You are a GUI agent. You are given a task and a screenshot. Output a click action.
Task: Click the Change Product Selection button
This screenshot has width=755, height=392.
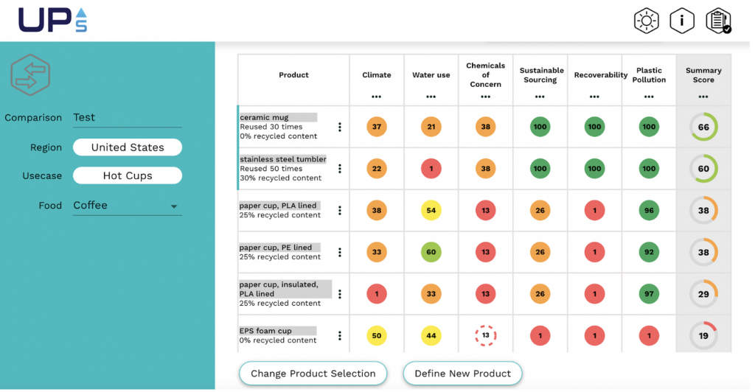313,374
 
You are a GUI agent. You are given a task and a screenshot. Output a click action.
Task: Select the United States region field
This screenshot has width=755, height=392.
128,147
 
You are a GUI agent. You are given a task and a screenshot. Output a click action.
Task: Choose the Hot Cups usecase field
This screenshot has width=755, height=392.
128,176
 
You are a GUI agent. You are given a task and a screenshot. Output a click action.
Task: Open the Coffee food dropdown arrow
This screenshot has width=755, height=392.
174,207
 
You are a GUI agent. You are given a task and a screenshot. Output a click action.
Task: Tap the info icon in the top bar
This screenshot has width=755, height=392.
682,21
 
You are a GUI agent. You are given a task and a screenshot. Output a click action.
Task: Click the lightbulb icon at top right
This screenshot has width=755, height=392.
647,21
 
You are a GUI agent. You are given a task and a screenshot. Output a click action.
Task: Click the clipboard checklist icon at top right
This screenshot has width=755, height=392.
717,21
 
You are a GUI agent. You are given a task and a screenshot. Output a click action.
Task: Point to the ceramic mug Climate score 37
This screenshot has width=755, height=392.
377,127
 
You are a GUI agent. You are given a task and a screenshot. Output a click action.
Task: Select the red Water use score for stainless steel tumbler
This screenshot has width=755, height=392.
431,169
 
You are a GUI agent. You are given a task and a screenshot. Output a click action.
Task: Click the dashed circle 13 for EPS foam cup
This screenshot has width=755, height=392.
485,336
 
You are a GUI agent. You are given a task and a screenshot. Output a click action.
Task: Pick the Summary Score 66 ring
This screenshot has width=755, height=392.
703,127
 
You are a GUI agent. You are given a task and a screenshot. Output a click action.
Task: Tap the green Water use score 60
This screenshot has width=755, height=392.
431,252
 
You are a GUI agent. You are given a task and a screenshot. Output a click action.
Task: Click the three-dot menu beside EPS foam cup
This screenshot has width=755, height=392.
340,336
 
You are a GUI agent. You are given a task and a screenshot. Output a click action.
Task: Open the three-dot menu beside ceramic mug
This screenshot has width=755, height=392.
340,127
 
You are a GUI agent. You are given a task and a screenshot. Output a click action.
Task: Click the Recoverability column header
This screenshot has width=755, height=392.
594,75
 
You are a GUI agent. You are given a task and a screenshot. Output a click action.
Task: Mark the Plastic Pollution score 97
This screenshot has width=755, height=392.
649,294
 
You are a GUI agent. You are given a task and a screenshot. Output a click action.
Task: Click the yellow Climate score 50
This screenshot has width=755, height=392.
377,336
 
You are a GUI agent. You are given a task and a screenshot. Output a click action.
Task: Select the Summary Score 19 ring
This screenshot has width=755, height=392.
703,336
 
